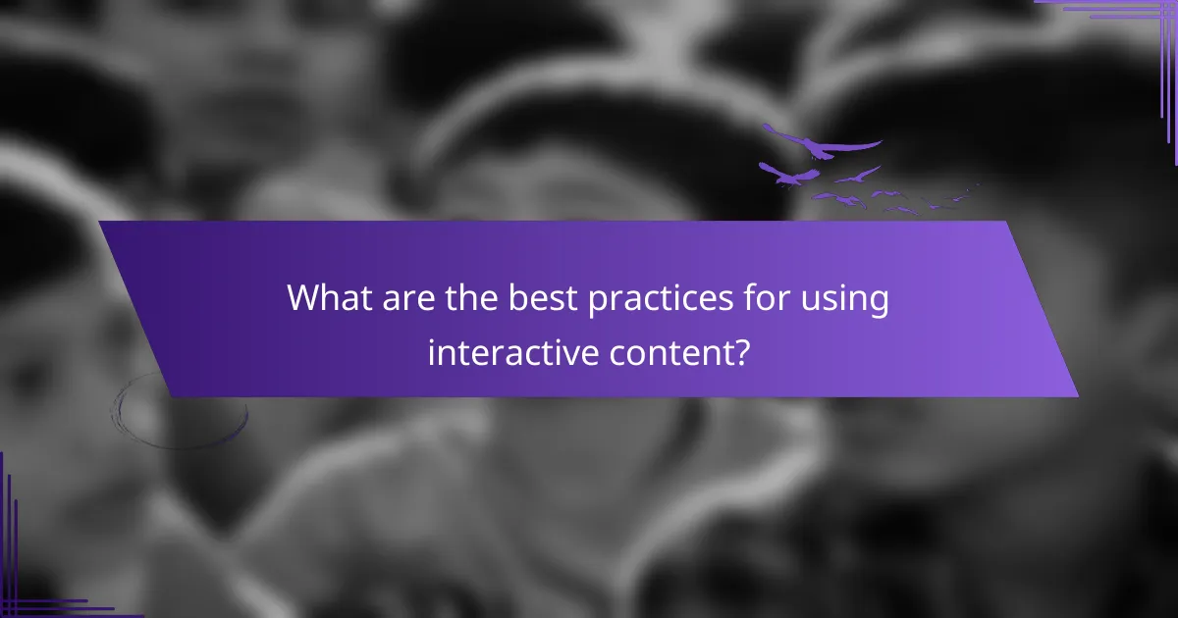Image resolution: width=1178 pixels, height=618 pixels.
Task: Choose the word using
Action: pos(845,301)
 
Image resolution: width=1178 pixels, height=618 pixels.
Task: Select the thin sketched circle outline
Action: pos(179,410)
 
